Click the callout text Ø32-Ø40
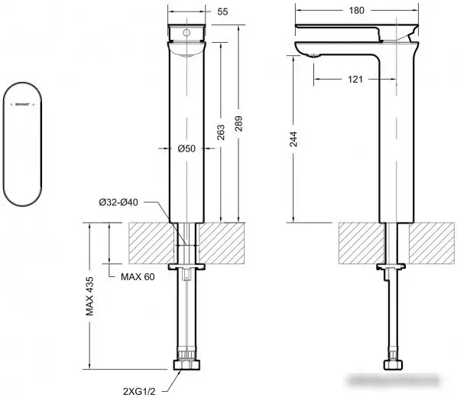point(119,202)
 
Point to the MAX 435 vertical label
point(90,298)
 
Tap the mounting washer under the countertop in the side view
point(394,267)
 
